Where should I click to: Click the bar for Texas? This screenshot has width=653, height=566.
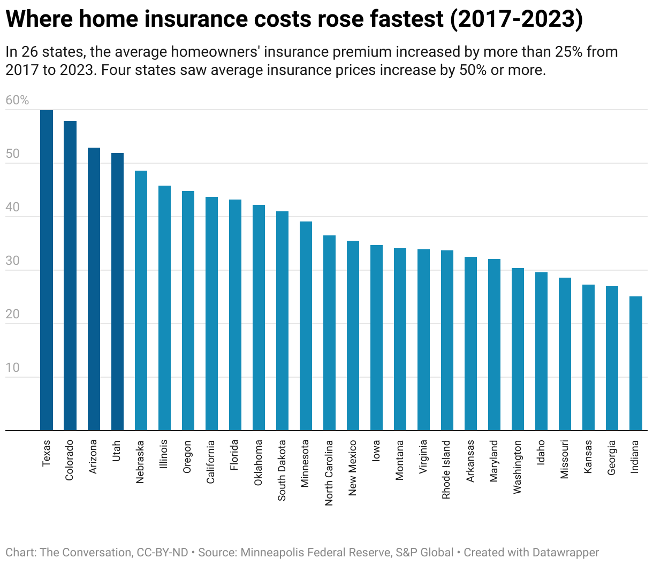[x=47, y=270]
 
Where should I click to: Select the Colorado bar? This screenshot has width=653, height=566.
[x=70, y=276]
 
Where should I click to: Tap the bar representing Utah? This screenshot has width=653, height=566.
[x=117, y=292]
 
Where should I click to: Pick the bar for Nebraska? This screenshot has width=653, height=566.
[x=141, y=300]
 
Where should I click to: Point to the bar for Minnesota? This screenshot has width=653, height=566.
[x=306, y=326]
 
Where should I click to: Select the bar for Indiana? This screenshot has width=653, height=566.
[x=635, y=363]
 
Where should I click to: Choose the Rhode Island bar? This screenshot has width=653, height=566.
[x=447, y=340]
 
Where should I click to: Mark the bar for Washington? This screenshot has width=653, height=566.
[x=518, y=349]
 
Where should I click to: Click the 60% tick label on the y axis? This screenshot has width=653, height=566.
[x=17, y=101]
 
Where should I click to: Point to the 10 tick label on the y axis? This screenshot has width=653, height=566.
[x=12, y=368]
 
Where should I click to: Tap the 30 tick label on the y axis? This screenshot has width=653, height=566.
[x=12, y=261]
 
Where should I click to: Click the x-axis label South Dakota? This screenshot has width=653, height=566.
[x=282, y=470]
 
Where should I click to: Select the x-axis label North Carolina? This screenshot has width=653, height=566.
[x=329, y=472]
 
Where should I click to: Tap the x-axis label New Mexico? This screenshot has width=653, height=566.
[x=352, y=468]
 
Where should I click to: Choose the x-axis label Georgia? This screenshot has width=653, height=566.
[x=611, y=457]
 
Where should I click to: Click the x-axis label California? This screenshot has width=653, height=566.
[x=211, y=462]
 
